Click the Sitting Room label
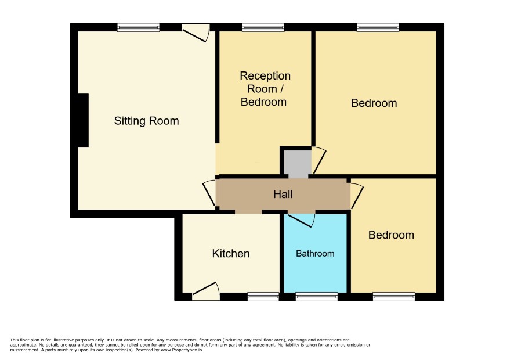[x=147, y=121]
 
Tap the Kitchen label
[x=231, y=254]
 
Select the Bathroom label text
[x=315, y=254]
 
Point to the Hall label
[x=283, y=195]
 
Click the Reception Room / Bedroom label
[x=265, y=89]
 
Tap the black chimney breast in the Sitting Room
[x=83, y=120]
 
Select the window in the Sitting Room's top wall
[x=139, y=27]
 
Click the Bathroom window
[x=317, y=297]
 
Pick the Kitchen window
[x=263, y=297]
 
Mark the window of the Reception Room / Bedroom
[x=263, y=27]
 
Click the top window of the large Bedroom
[x=378, y=27]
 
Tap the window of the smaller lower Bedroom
[x=394, y=297]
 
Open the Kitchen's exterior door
[x=206, y=291]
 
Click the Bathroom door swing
[x=302, y=220]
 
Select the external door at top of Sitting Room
[x=196, y=33]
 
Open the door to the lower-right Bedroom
[x=357, y=196]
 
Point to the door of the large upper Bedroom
[x=318, y=160]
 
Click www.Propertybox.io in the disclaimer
[x=181, y=350]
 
